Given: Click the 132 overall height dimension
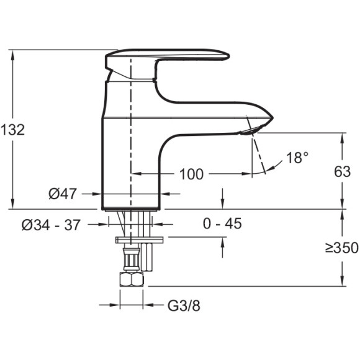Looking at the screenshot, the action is click(12, 130).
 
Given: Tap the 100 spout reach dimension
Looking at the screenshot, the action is click(191, 174).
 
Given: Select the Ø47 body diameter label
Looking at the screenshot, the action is click(62, 194).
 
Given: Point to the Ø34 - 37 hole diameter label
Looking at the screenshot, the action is click(51, 225).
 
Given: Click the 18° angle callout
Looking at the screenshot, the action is click(297, 158).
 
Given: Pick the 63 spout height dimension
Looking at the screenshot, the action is click(343, 171).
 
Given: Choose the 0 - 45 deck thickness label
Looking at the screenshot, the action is click(222, 223).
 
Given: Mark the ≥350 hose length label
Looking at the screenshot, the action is click(342, 248).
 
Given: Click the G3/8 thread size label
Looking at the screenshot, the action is click(184, 305).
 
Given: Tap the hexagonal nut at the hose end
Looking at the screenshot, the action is click(132, 279).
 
